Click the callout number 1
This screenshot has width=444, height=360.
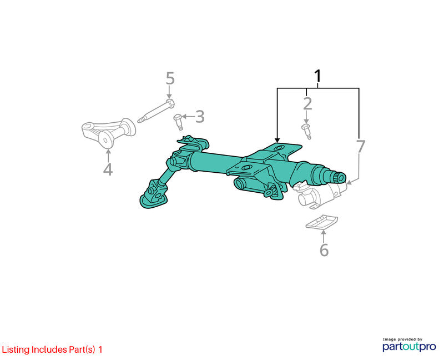coord(318,76)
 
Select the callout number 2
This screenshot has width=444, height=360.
coord(307,104)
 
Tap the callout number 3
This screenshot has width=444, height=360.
coord(200,117)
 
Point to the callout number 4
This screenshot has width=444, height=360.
coord(108,169)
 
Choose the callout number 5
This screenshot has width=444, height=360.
coord(170,78)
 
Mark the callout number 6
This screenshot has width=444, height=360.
coord(324,250)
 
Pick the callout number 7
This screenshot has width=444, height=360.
coord(360,146)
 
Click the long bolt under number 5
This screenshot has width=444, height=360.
coord(156,111)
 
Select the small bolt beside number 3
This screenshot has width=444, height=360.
coord(178,122)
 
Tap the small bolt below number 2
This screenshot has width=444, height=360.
coord(307,132)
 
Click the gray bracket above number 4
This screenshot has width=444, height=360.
coord(108,133)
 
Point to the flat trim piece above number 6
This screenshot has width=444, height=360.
coord(322,222)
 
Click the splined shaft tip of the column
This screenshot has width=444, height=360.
coord(339,177)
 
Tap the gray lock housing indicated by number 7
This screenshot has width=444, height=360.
coord(321,196)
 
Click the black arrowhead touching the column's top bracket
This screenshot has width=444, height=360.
coord(277,140)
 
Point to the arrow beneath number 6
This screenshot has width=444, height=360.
coord(324,237)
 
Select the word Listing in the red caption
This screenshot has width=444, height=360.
coord(16,350)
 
